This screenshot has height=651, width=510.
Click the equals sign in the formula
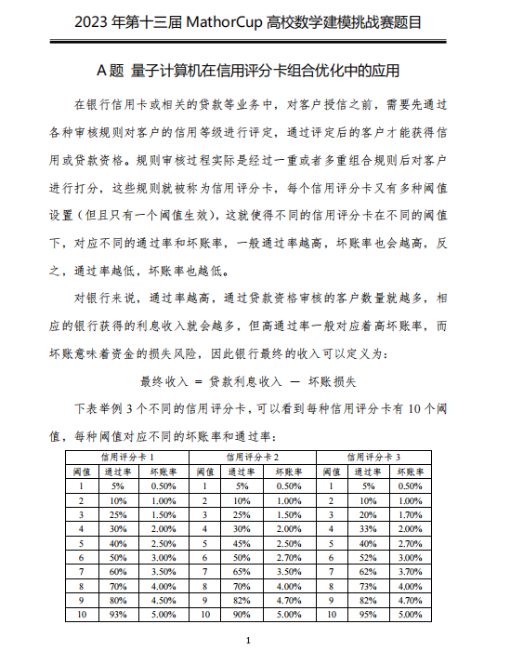tap(199, 381)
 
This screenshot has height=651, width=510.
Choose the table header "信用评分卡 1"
tap(128, 458)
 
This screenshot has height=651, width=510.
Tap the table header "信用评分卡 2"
tap(253, 458)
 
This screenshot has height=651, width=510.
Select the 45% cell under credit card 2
tap(242, 543)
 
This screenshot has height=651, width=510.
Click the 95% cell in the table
tap(368, 615)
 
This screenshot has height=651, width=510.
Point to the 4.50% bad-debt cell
tap(164, 601)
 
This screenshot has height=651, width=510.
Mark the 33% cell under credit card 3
tap(368, 528)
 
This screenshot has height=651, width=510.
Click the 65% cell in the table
tap(242, 572)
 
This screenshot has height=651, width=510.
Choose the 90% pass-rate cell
tap(242, 615)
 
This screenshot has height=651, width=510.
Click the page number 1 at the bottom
tap(248, 641)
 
